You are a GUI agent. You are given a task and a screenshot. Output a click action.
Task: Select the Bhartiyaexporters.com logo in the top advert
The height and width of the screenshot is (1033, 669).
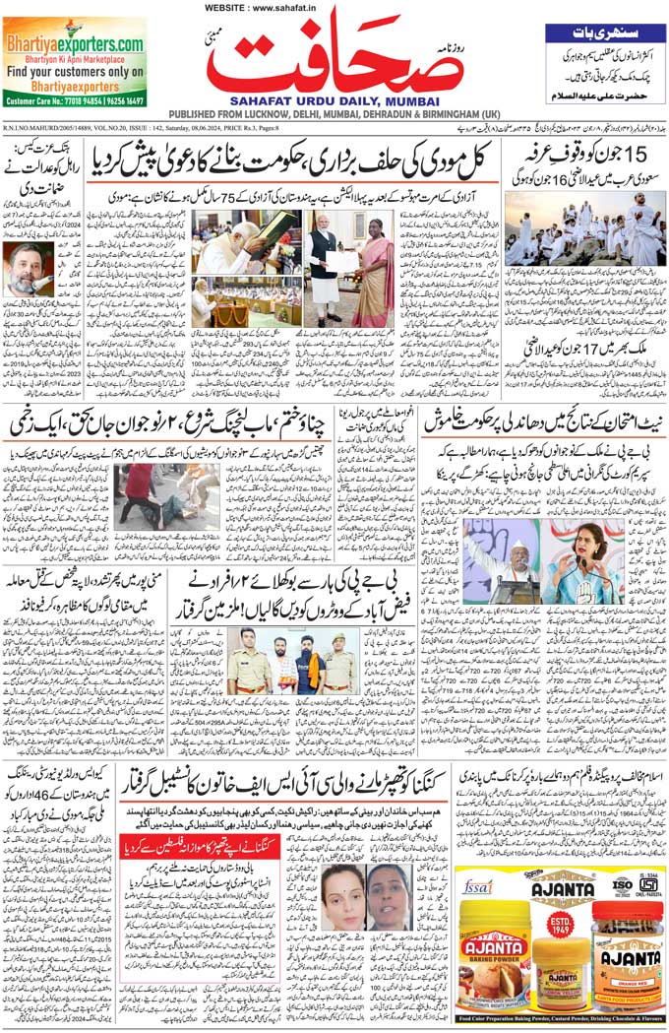coord(75,43)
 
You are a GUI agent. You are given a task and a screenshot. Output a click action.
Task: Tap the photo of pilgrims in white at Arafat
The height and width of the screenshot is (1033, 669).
coord(584,227)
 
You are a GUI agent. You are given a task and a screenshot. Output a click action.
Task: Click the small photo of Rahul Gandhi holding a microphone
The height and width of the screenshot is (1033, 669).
coord(29,268)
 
